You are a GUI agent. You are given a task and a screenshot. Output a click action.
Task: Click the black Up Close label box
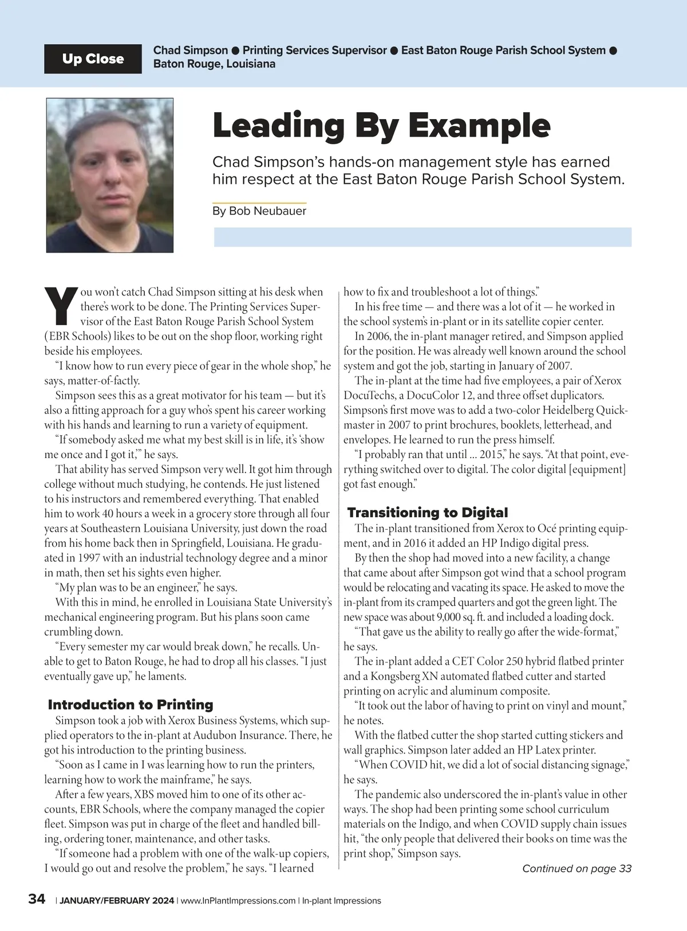(x=93, y=59)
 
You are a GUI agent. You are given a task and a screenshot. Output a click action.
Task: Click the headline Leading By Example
(x=381, y=125)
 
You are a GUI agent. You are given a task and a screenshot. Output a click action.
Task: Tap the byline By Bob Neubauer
(x=259, y=211)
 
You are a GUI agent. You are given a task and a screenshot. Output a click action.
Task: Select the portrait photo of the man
(x=110, y=175)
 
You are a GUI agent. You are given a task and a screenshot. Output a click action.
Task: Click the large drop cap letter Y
(x=61, y=305)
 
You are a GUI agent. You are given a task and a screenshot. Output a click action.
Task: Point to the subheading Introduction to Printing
(x=131, y=704)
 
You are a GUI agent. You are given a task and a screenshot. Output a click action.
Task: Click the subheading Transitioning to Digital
(x=428, y=512)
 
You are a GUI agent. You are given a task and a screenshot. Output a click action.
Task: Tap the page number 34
(x=37, y=899)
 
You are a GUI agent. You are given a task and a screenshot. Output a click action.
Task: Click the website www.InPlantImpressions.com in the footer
(x=238, y=901)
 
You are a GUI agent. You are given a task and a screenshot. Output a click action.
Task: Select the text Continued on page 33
(x=577, y=869)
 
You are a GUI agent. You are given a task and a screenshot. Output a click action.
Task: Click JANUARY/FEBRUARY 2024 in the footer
(x=117, y=901)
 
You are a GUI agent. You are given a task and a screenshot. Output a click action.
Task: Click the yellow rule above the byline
(x=259, y=203)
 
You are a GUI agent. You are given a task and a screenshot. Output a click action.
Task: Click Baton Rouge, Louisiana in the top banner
(x=214, y=64)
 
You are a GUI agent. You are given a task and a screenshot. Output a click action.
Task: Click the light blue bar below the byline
(x=423, y=237)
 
